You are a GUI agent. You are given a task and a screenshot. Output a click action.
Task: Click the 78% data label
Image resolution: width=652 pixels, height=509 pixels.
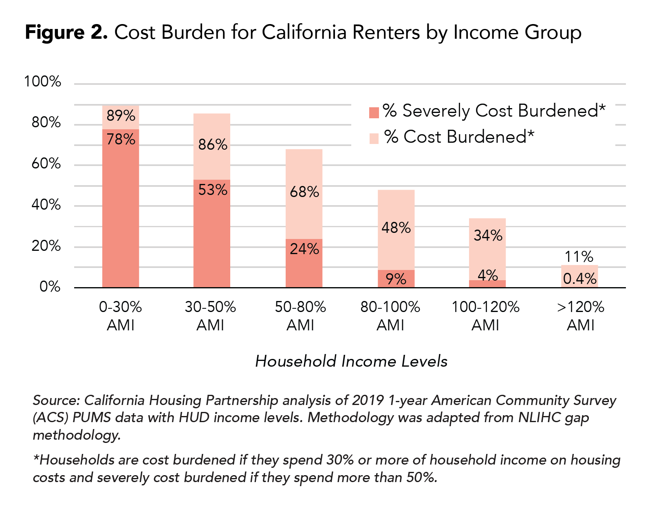click(121, 139)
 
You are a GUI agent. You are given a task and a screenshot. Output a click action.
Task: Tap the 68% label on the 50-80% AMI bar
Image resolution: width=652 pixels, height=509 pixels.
click(304, 192)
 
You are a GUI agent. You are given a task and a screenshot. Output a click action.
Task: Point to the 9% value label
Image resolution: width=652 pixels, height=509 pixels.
click(396, 279)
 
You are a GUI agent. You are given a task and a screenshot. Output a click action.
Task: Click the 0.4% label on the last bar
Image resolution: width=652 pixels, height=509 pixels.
click(579, 279)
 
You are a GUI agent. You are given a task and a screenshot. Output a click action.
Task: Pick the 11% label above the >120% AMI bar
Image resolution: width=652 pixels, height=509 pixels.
click(579, 257)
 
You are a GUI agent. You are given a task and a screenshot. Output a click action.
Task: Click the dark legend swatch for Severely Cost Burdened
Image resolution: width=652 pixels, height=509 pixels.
click(374, 112)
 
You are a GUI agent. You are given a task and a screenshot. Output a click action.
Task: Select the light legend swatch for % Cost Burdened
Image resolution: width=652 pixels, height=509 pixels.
click(374, 138)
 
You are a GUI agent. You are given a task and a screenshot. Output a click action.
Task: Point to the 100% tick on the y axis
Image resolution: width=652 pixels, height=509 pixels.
click(42, 82)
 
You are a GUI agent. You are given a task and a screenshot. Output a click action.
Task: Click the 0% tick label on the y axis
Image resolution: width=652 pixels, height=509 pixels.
click(50, 287)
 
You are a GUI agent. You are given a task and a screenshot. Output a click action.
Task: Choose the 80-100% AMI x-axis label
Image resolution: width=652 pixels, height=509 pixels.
click(390, 316)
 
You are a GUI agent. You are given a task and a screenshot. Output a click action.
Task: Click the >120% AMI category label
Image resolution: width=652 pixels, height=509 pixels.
click(581, 316)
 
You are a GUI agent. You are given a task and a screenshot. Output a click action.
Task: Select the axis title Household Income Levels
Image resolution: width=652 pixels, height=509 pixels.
click(351, 361)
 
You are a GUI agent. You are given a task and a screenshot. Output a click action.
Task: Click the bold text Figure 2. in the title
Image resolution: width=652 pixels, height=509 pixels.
click(66, 32)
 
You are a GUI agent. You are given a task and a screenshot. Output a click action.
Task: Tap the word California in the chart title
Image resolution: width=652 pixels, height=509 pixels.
click(304, 32)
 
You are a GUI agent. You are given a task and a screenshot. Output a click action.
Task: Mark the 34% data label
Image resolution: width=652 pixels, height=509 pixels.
click(488, 235)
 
